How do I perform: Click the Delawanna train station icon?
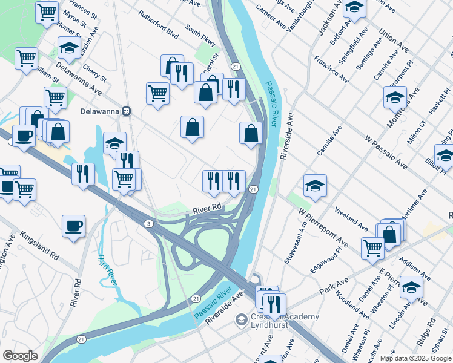click(x=127, y=111)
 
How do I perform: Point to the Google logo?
click(x=20, y=356)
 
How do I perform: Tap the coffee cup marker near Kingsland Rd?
click(x=73, y=226)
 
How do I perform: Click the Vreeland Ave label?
click(x=351, y=219)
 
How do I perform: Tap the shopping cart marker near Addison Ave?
click(x=372, y=247)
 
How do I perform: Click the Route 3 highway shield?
click(x=148, y=224)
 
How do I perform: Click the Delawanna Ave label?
click(x=79, y=78)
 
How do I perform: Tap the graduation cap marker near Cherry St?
click(x=70, y=47)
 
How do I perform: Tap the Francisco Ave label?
click(x=331, y=70)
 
